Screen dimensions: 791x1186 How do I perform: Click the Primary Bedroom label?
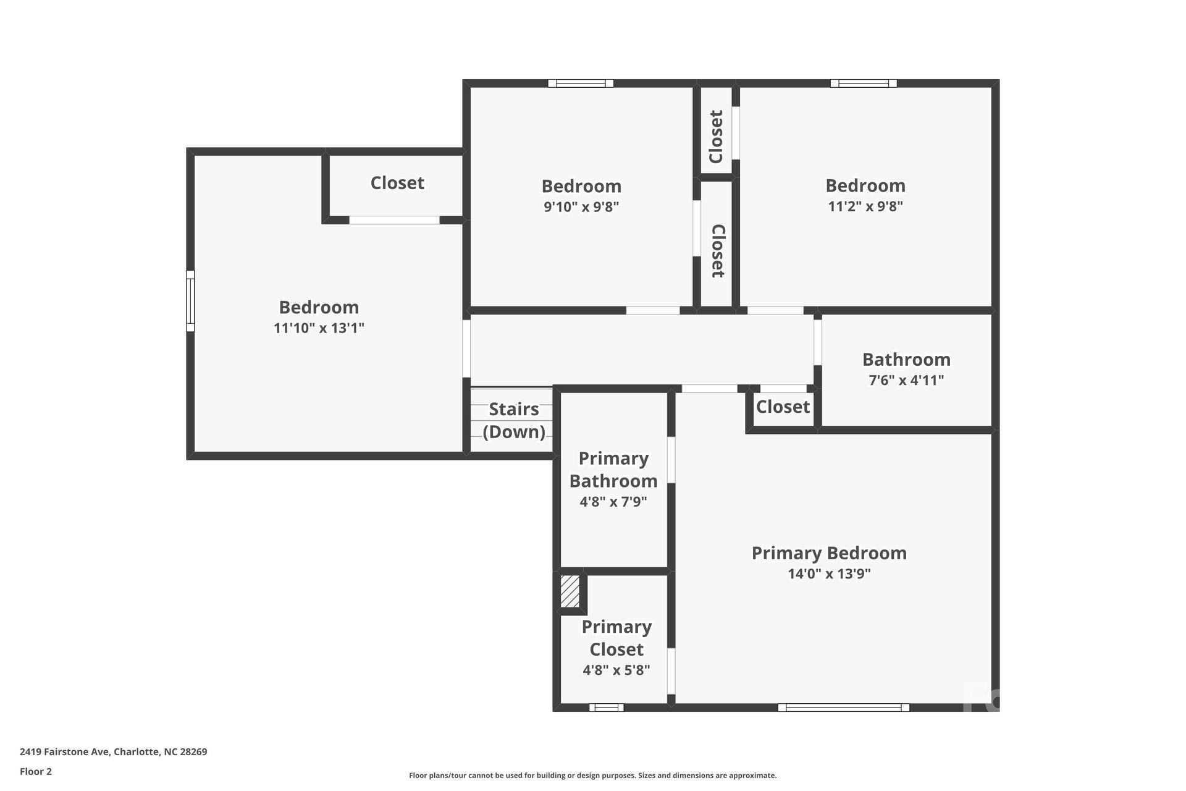[829, 553]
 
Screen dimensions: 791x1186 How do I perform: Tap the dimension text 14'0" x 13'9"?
[829, 573]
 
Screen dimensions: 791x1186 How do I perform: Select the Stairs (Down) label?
[513, 420]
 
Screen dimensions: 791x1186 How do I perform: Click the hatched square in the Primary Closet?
[570, 591]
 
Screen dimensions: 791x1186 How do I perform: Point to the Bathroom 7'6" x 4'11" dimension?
[906, 380]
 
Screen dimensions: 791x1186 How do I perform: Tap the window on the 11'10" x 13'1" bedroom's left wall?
[191, 301]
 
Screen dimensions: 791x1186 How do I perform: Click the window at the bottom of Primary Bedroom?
[843, 708]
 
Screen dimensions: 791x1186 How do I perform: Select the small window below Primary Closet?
[606, 708]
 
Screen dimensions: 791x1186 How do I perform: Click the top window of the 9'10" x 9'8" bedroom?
[581, 83]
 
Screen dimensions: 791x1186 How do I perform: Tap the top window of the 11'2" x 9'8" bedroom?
[863, 83]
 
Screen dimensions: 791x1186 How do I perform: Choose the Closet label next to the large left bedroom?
[397, 183]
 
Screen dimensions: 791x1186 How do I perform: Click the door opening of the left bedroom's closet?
[394, 220]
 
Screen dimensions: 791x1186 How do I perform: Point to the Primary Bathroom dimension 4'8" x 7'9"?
[613, 502]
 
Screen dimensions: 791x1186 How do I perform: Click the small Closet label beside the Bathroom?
[783, 407]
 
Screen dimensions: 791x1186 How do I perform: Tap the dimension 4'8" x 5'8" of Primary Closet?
[616, 670]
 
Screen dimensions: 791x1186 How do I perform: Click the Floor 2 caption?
[36, 771]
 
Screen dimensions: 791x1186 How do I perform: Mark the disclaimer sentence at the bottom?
[592, 776]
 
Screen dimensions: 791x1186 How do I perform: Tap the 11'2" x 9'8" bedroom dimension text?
[865, 206]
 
